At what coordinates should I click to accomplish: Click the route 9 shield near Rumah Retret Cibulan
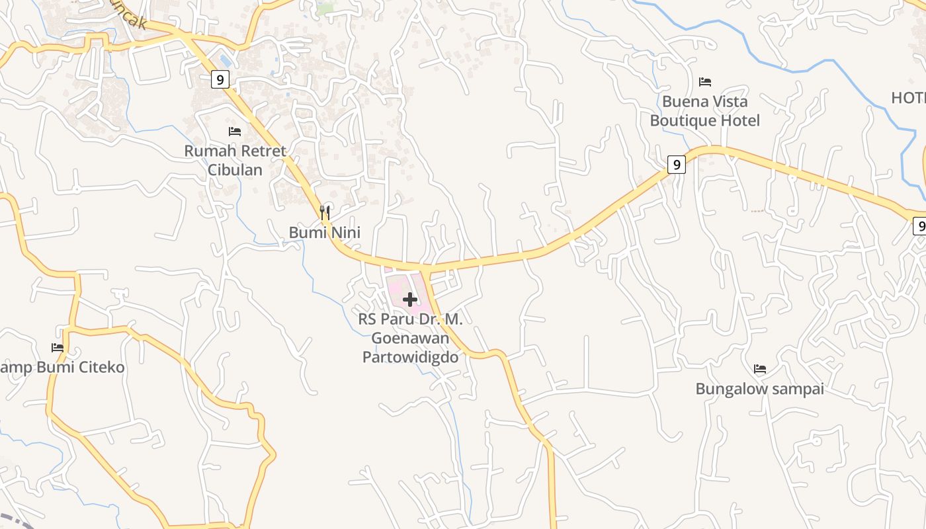220,80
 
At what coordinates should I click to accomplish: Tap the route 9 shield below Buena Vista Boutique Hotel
676,164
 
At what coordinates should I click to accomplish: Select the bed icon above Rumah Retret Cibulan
234,132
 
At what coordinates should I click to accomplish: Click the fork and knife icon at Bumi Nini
325,212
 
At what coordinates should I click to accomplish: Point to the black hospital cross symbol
410,300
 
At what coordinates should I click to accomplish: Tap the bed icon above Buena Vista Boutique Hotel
705,82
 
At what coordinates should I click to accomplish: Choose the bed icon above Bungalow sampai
760,369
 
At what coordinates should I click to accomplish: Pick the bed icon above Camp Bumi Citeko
58,348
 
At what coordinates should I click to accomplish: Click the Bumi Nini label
324,233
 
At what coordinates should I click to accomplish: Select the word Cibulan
235,170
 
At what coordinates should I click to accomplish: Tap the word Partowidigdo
410,356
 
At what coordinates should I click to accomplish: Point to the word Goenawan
410,338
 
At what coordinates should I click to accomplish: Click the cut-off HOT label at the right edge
908,98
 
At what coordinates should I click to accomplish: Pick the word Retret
262,151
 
